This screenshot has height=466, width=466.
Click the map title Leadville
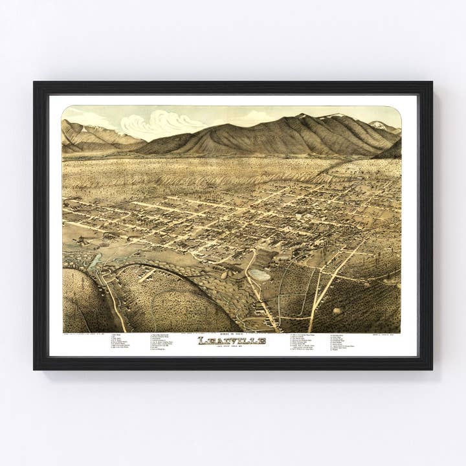coord(232,341)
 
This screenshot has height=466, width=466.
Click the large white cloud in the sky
coord(162,123)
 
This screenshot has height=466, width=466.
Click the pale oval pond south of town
coord(260,274)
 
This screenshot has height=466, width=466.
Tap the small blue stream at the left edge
coord(95,261)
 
